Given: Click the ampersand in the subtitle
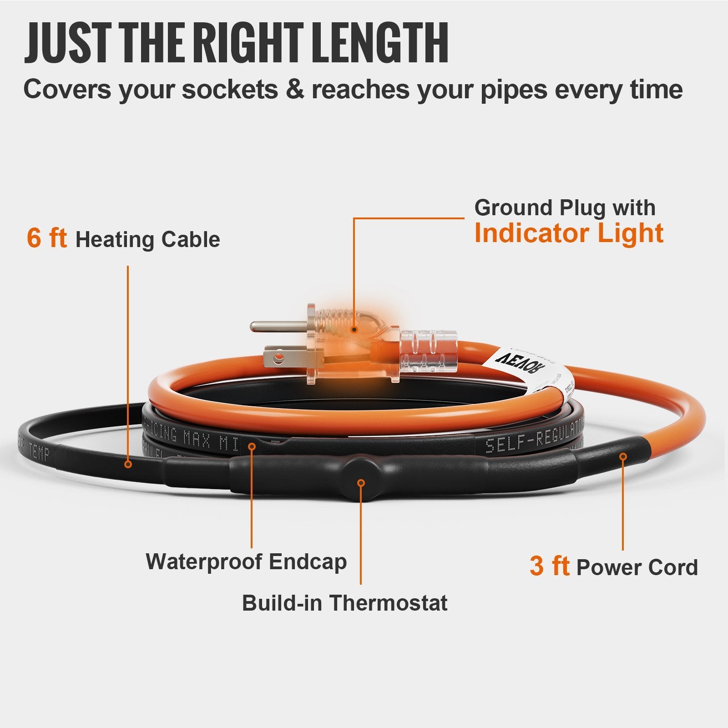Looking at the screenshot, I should (294, 89).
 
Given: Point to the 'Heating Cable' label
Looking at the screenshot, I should (147, 240).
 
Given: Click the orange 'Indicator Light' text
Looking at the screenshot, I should (568, 233).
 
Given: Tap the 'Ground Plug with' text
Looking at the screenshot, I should (565, 208).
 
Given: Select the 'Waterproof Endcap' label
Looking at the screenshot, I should (246, 561).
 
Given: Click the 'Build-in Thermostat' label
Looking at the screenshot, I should (344, 603).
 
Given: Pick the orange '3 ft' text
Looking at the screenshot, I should (549, 566).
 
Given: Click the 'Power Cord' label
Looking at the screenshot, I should (637, 567).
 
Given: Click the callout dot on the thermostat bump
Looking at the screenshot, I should (361, 483).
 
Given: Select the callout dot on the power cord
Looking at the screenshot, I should (623, 456).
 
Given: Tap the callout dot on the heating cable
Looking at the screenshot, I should (128, 464).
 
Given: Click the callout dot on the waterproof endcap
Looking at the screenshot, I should (252, 446).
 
